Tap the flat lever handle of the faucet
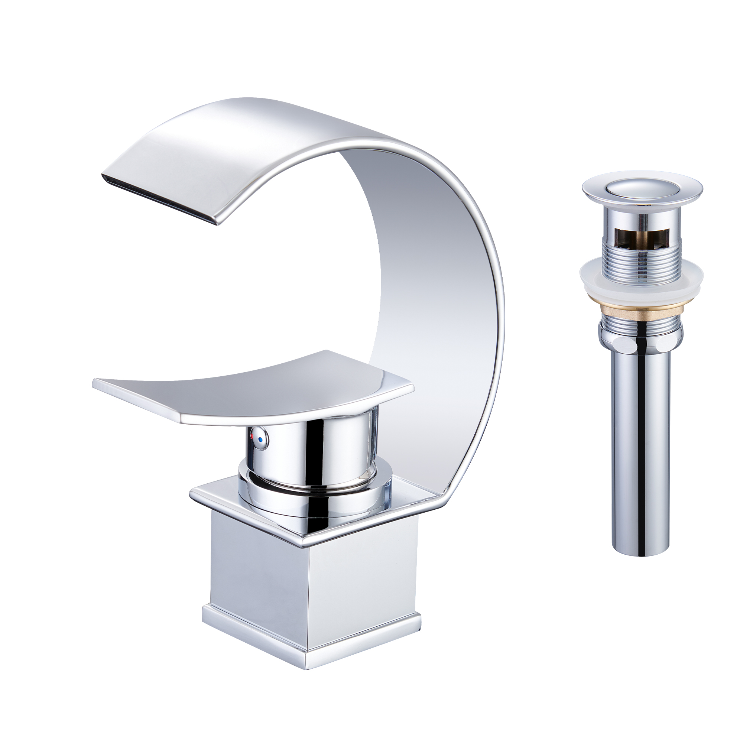click(x=246, y=389)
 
